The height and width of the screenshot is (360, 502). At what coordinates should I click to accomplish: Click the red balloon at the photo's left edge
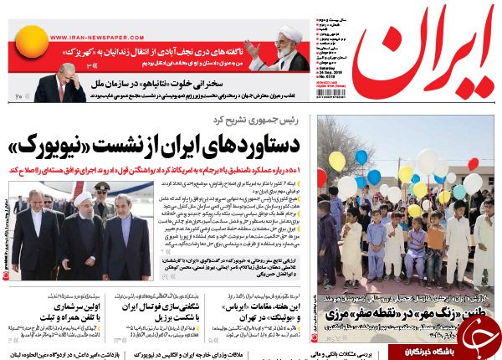(322, 177)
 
